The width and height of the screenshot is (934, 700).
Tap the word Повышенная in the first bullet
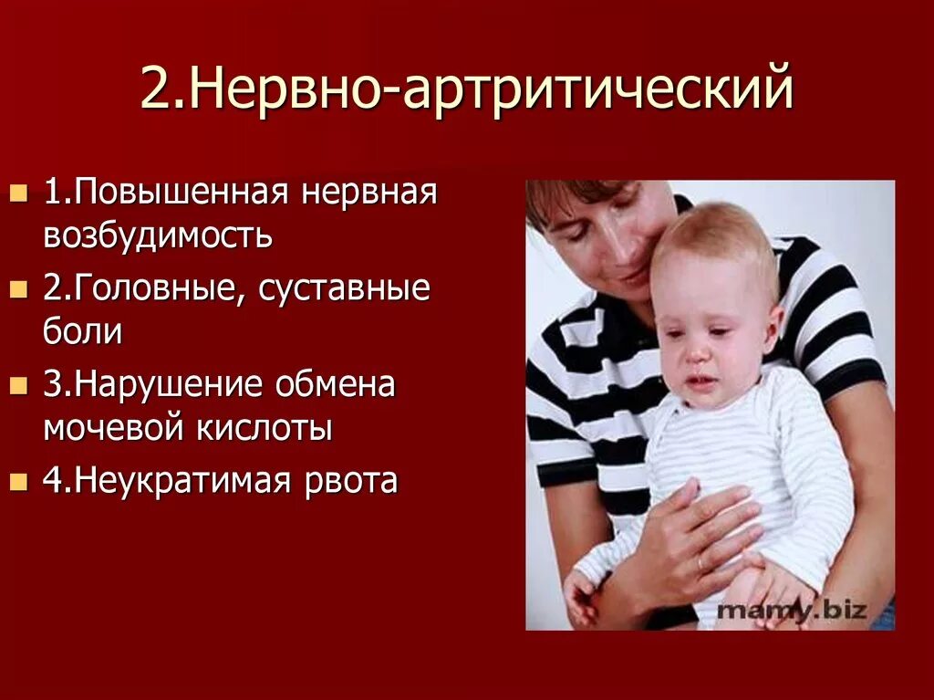click(x=181, y=193)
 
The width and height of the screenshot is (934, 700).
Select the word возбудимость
click(x=157, y=235)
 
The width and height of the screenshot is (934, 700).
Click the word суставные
click(x=344, y=288)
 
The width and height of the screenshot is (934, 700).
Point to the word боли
click(x=82, y=331)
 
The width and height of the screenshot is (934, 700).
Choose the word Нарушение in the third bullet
click(x=179, y=384)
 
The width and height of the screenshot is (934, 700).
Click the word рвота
click(x=351, y=481)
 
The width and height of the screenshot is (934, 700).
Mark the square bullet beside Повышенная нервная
click(x=17, y=193)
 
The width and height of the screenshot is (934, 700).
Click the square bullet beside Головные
click(x=17, y=289)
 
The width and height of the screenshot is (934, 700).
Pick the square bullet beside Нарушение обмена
click(x=17, y=385)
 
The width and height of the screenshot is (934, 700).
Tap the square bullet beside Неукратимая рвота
click(x=17, y=481)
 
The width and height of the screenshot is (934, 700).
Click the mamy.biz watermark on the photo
click(x=792, y=610)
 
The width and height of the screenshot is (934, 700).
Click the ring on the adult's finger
click(x=700, y=563)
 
